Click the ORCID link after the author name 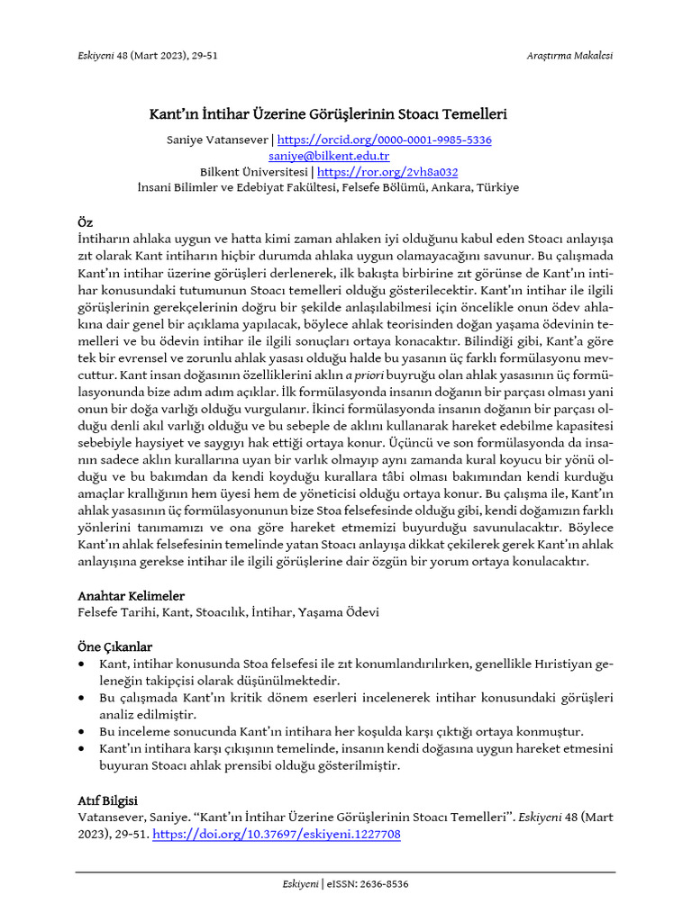coord(384,140)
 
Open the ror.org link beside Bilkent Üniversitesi coord(387,172)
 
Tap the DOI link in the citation coord(277,835)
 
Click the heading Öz coord(84,222)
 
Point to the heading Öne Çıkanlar coord(114,647)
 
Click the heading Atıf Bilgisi coord(107,800)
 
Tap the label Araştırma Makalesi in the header coord(569,56)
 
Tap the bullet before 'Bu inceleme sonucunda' coord(83,732)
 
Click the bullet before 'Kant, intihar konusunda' coord(83,664)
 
